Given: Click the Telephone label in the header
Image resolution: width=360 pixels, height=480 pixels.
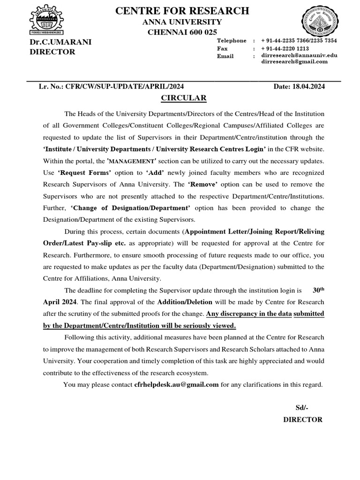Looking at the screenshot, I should click(231, 41).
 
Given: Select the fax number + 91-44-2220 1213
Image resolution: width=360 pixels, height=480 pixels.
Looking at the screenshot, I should click(285, 48).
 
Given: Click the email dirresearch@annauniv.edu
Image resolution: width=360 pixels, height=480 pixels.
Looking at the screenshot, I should click(299, 55).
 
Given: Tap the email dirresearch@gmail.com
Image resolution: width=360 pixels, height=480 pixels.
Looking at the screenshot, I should click(294, 62).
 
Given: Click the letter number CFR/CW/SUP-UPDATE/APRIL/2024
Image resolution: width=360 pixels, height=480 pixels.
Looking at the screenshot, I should click(125, 87).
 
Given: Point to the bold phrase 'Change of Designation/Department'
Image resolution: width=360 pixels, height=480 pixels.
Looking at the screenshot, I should click(130, 208).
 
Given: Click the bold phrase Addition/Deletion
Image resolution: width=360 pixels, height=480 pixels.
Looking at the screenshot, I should click(185, 302).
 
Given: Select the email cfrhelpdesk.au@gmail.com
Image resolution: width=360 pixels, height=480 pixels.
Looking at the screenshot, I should click(177, 385).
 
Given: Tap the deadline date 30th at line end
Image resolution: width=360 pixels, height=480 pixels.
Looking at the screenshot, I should click(318, 290).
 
